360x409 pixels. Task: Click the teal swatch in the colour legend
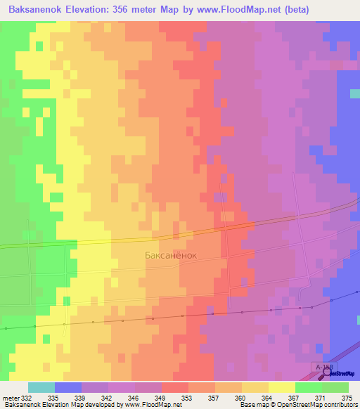pyautogui.click(x=41, y=387)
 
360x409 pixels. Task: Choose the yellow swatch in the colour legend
pyautogui.click(x=282, y=387)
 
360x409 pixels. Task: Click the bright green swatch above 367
pyautogui.click(x=309, y=387)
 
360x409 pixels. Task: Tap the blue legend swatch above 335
pyautogui.click(x=68, y=387)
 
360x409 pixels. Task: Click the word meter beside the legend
pyautogui.click(x=11, y=397)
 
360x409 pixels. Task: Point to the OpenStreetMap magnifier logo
pyautogui.click(x=328, y=373)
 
